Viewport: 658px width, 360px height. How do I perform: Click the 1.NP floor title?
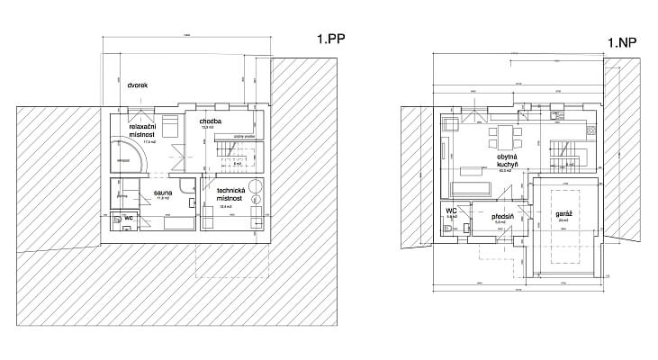click(622, 42)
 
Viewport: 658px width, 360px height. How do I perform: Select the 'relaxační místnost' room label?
click(144, 131)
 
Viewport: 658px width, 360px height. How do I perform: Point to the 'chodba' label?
click(210, 121)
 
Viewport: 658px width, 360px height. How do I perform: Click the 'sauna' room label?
click(163, 193)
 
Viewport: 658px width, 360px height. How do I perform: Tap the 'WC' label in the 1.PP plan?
click(129, 219)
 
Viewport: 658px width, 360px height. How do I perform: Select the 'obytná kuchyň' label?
click(505, 161)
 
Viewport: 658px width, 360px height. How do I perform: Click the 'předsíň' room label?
click(502, 217)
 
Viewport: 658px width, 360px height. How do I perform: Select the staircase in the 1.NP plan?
click(562, 153)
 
